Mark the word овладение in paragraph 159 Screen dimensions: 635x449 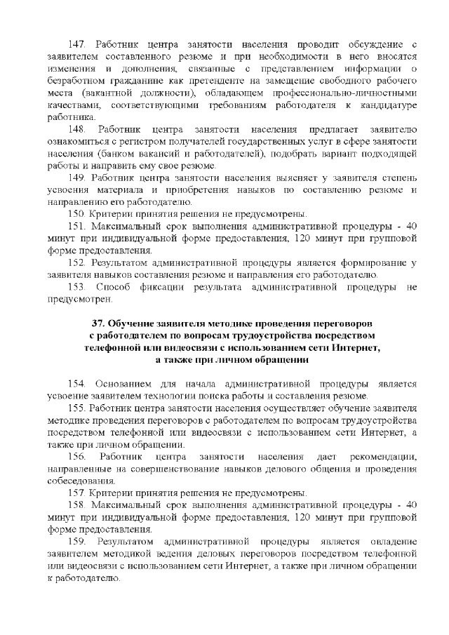coord(394,541)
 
